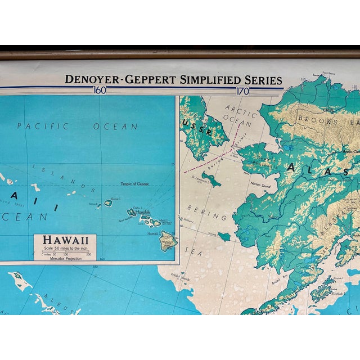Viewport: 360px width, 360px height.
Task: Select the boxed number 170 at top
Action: [x=242, y=89]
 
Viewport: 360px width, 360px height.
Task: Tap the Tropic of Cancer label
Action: [x=137, y=184]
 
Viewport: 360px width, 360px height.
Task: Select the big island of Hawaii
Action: [x=168, y=242]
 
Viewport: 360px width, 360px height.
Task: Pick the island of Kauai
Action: [x=108, y=202]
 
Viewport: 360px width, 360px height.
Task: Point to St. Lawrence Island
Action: [x=211, y=180]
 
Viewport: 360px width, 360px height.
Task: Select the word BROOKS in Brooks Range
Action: [x=318, y=120]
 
